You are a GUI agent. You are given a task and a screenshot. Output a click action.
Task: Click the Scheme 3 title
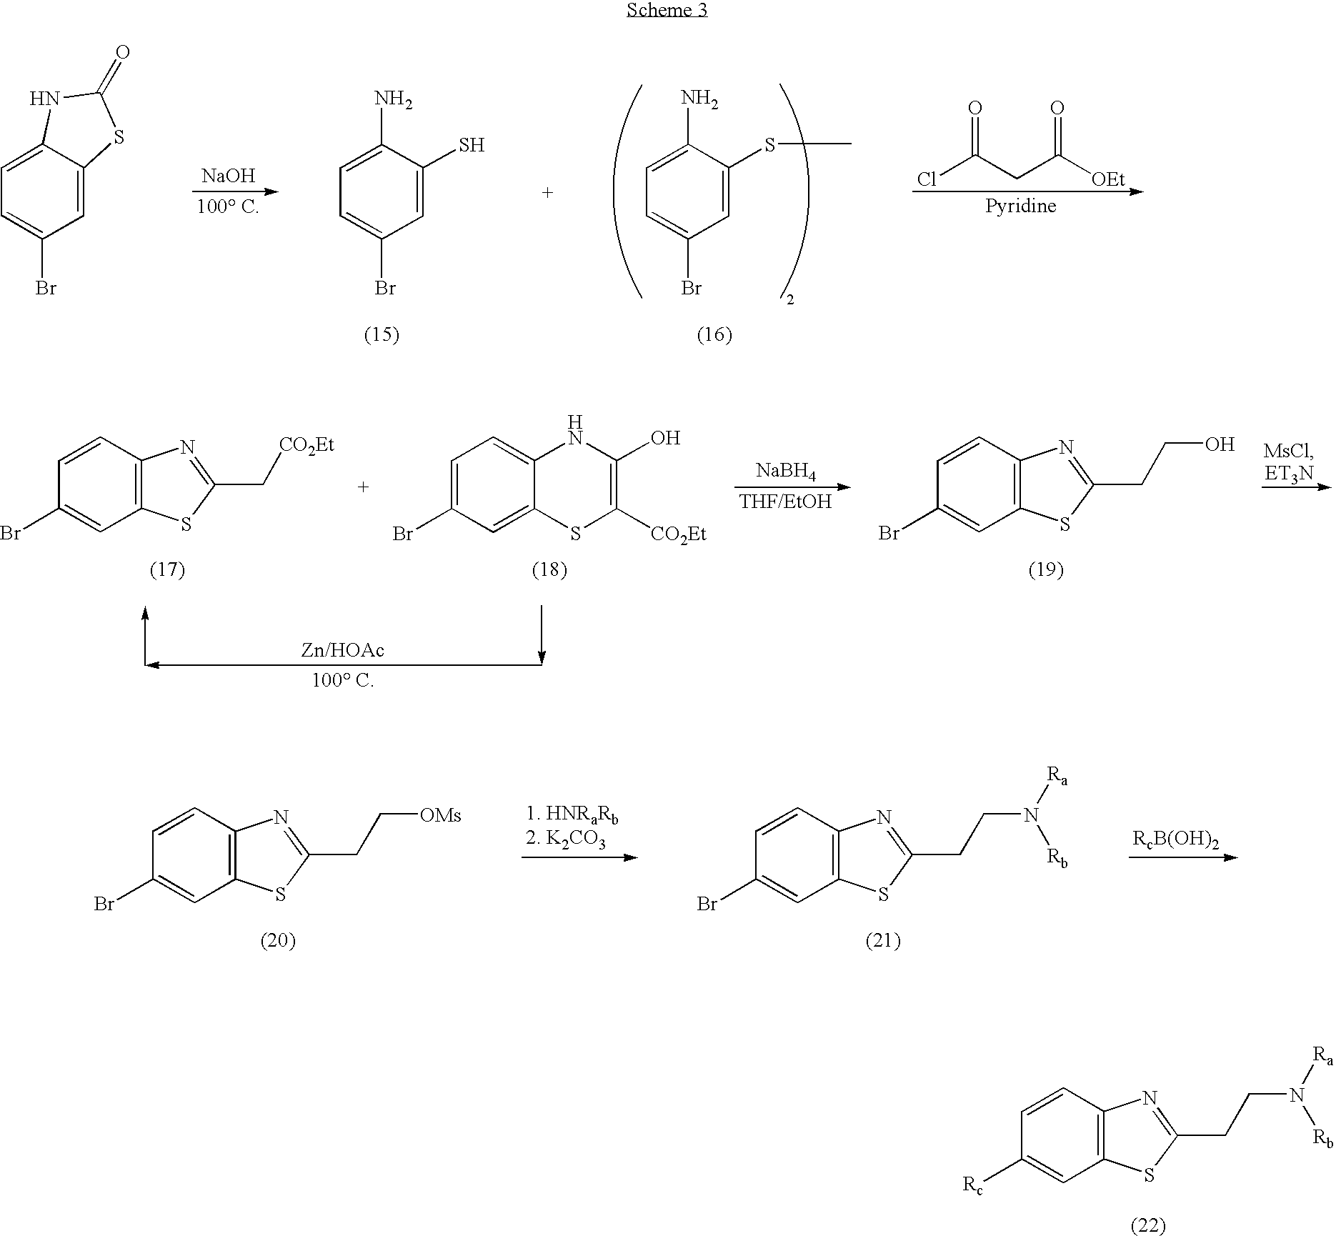coord(667,10)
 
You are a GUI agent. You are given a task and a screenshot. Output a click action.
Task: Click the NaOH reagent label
coord(228,176)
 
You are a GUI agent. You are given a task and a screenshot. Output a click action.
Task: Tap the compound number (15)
coord(382,334)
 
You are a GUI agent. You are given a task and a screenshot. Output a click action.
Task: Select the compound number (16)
coord(714,334)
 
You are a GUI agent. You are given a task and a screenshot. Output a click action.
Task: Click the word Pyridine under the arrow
coord(1020,206)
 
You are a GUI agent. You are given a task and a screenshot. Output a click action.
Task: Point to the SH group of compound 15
coord(472,146)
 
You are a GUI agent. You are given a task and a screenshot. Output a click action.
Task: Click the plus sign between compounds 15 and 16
coord(547,193)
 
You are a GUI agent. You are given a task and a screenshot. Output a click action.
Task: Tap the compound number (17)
coord(167,569)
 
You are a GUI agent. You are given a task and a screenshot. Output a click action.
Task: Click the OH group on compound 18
coord(665,438)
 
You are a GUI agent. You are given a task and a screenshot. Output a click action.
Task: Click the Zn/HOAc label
coord(342,650)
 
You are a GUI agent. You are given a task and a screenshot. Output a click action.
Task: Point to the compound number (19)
coord(1045,569)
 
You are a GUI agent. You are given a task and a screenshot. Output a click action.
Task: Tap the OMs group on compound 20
coord(440,815)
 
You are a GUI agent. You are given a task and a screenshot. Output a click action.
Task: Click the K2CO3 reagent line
coord(566,840)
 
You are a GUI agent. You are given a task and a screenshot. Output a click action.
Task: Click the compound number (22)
coord(1149,1226)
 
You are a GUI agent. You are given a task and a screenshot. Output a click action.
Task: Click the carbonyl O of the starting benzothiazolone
coord(122,52)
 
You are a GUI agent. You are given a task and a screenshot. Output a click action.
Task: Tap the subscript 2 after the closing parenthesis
coord(789,301)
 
